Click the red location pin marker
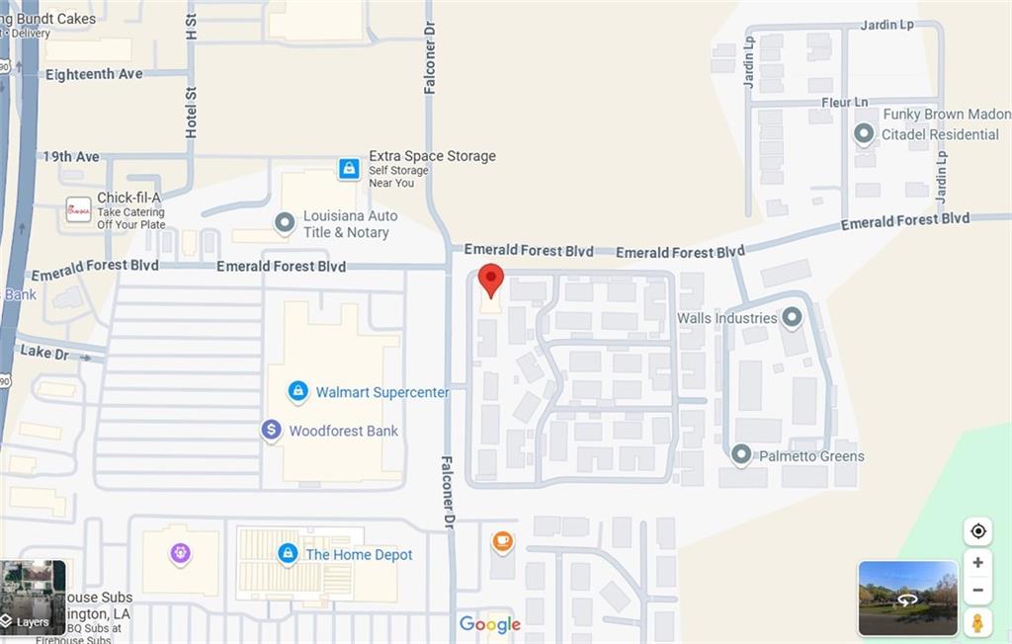pyautogui.click(x=491, y=281)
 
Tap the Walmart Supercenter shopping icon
pyautogui.click(x=297, y=392)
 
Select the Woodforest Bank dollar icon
pyautogui.click(x=271, y=431)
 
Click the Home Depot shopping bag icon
pyautogui.click(x=288, y=554)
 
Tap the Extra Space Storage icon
pyautogui.click(x=349, y=169)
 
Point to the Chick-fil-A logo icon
pyautogui.click(x=79, y=209)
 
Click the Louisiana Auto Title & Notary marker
pyautogui.click(x=285, y=223)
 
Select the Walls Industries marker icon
pyautogui.click(x=791, y=318)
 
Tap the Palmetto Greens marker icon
pyautogui.click(x=741, y=455)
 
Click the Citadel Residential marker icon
pyautogui.click(x=864, y=133)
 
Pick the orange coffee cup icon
pyautogui.click(x=502, y=541)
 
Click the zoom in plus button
pyautogui.click(x=977, y=562)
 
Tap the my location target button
pyautogui.click(x=977, y=531)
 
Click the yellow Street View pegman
pyautogui.click(x=977, y=622)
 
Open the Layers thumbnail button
pyautogui.click(x=33, y=598)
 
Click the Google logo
pyautogui.click(x=490, y=624)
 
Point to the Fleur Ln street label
pyautogui.click(x=844, y=103)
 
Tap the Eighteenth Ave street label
pyautogui.click(x=94, y=74)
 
